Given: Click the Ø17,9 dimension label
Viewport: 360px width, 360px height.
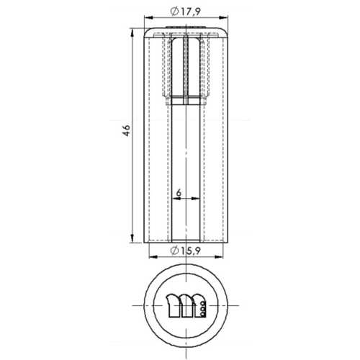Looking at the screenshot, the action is [185, 12].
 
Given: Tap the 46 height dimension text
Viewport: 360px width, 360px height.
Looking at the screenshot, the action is [127, 130].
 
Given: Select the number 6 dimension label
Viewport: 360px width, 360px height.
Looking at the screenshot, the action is [179, 192].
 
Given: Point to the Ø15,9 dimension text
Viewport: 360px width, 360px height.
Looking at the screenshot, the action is [185, 251].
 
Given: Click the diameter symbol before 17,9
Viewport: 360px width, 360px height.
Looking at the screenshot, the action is [174, 11].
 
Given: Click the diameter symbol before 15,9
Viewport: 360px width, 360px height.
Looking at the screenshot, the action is [174, 251].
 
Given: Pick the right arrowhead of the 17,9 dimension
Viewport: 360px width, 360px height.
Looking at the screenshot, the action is [224, 17].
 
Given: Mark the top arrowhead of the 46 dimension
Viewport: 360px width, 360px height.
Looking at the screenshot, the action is [132, 32].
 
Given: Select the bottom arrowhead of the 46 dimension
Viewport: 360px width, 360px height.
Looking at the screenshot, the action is [132, 238].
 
